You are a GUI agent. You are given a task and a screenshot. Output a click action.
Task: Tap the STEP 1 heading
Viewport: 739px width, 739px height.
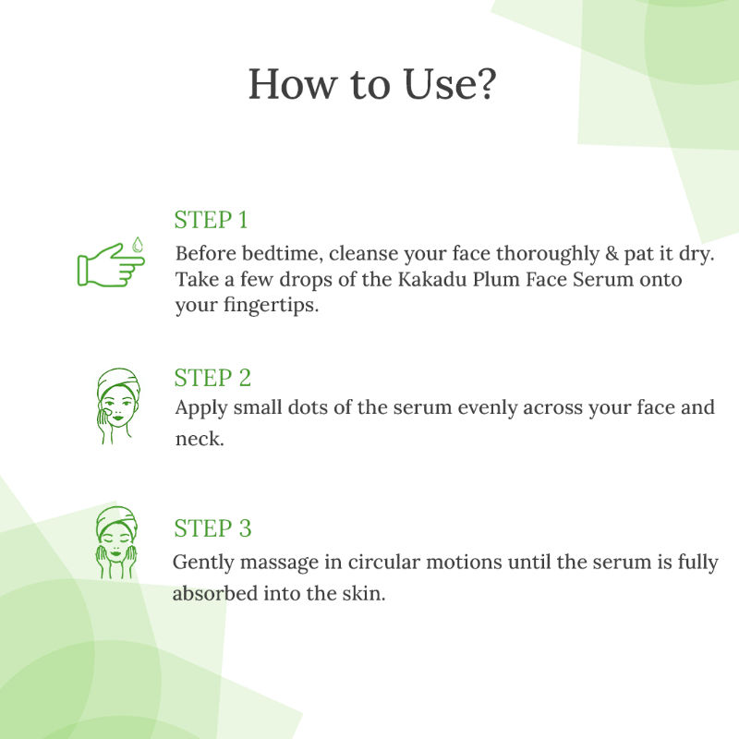click(x=211, y=220)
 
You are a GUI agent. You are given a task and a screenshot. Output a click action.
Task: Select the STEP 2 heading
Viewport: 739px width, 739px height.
click(x=212, y=378)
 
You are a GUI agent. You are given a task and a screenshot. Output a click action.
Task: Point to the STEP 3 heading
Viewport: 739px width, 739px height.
click(x=212, y=528)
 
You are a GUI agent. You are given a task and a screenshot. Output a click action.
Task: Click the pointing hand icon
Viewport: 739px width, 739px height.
click(x=111, y=264)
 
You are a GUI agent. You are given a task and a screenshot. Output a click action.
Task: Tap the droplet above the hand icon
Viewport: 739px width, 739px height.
click(x=137, y=245)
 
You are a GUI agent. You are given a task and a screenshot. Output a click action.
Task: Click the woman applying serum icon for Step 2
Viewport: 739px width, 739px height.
click(x=118, y=406)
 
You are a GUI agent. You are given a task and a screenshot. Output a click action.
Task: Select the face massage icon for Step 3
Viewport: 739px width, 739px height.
click(x=116, y=542)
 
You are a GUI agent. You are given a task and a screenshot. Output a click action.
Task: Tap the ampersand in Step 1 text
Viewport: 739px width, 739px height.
click(x=612, y=254)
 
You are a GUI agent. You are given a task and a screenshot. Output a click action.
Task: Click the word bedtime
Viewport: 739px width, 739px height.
click(x=283, y=254)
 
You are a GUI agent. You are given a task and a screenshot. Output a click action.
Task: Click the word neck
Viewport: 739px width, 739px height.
click(x=200, y=439)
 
